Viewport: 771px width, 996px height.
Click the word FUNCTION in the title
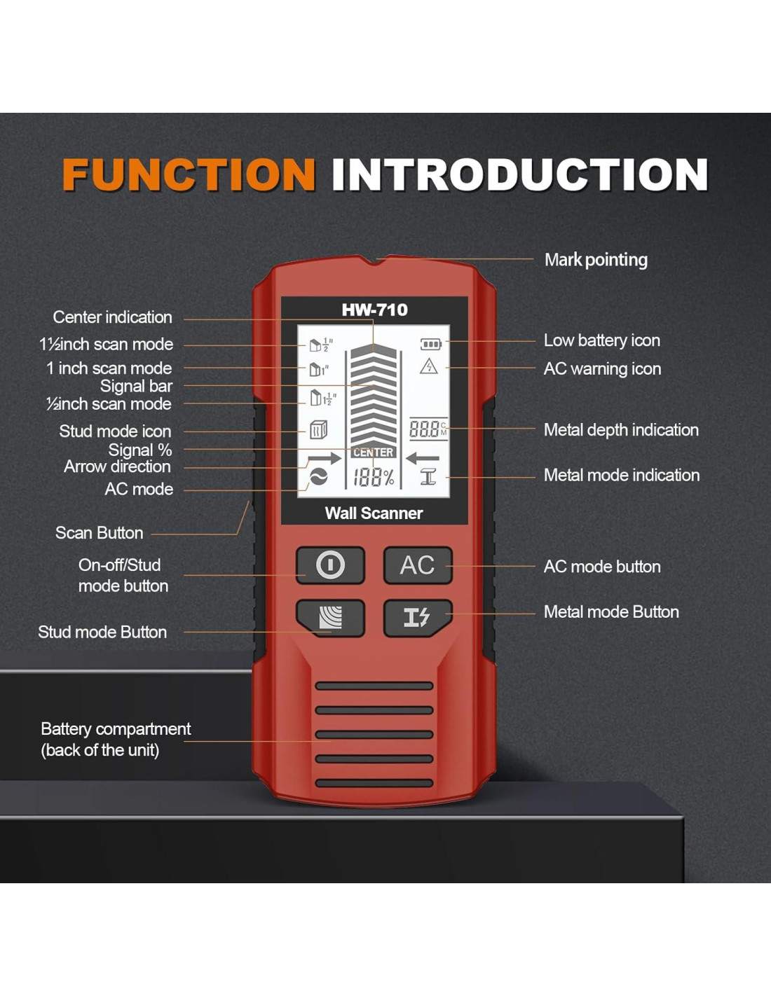(189, 174)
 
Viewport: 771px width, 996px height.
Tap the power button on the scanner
(330, 565)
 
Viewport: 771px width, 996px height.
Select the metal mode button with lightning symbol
(417, 617)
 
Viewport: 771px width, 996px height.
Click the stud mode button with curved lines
(330, 617)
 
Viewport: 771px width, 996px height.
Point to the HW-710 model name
(374, 310)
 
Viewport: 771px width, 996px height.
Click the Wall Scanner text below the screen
(374, 513)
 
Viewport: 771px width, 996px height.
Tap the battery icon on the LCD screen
(430, 344)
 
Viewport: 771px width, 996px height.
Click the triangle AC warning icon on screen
(428, 366)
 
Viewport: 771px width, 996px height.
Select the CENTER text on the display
(373, 452)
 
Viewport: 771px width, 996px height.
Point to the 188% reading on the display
(373, 478)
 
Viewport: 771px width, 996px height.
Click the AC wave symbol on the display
(318, 478)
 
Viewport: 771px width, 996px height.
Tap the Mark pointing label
(596, 260)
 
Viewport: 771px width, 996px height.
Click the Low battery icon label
(601, 340)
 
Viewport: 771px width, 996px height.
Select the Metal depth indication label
(621, 430)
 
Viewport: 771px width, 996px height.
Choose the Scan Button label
(99, 533)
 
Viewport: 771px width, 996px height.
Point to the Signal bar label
(136, 386)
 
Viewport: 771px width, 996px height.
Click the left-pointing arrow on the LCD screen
(422, 459)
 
